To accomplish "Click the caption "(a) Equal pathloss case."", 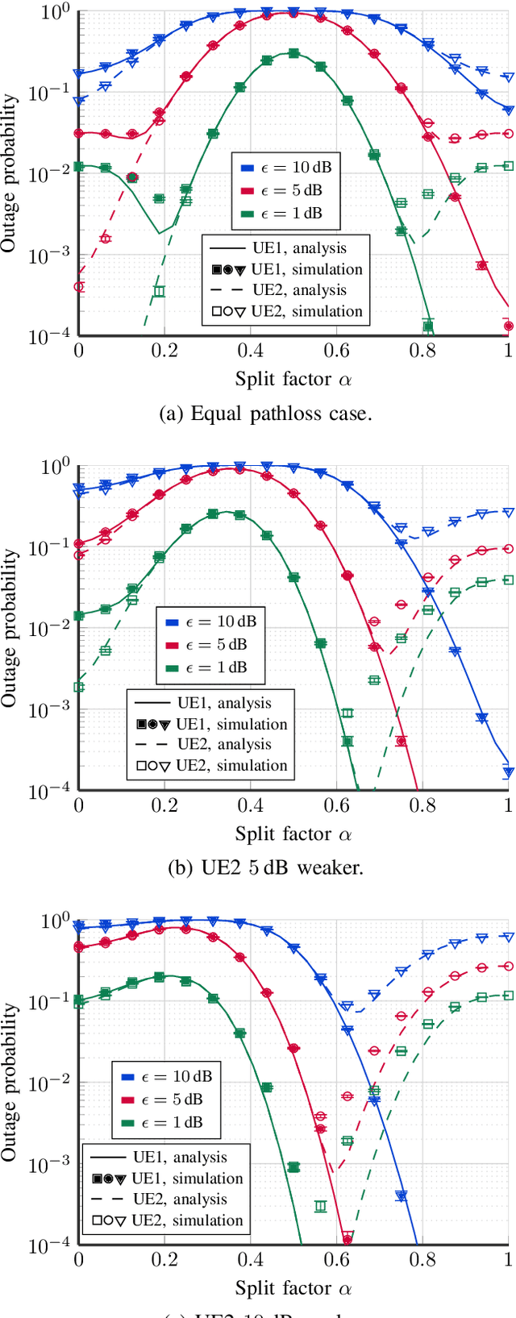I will [265, 414].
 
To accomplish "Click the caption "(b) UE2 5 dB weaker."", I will [265, 868].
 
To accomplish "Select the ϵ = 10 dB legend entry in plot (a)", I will [286, 168].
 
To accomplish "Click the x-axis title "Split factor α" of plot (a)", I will [293, 379].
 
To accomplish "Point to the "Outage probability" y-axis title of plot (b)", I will [9, 628].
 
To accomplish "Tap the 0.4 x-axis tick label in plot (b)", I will [251, 805].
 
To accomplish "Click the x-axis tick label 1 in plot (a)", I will [508, 351].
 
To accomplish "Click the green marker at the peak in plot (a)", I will [293, 53].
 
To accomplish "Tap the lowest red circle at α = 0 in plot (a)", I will [79, 286].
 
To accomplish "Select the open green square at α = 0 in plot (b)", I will [79, 687].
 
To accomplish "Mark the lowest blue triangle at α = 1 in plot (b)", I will [508, 771].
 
